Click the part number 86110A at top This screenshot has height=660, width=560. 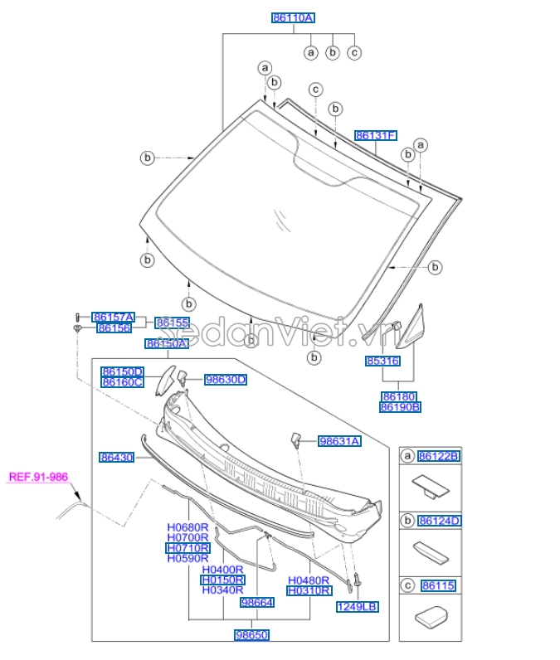pyautogui.click(x=294, y=17)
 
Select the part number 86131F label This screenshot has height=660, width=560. pyautogui.click(x=376, y=135)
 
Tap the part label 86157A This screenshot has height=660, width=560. pyautogui.click(x=113, y=317)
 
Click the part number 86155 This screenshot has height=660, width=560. pyautogui.click(x=173, y=323)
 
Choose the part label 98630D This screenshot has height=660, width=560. pyautogui.click(x=226, y=380)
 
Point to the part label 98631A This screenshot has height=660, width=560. pyautogui.click(x=339, y=442)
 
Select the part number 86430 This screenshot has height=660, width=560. pyautogui.click(x=117, y=457)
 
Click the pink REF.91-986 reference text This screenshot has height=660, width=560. pyautogui.click(x=38, y=477)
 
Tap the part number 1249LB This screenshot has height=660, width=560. pyautogui.click(x=357, y=607)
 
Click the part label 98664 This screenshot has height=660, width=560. pyautogui.click(x=256, y=603)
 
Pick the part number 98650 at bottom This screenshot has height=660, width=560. pyautogui.click(x=251, y=634)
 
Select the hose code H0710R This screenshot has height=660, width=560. pyautogui.click(x=188, y=548)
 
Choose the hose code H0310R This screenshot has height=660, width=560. pyautogui.click(x=309, y=591)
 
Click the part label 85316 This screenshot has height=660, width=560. pyautogui.click(x=382, y=362)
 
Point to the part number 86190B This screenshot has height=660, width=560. pyautogui.click(x=400, y=407)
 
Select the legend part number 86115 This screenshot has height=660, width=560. pyautogui.click(x=438, y=586)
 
